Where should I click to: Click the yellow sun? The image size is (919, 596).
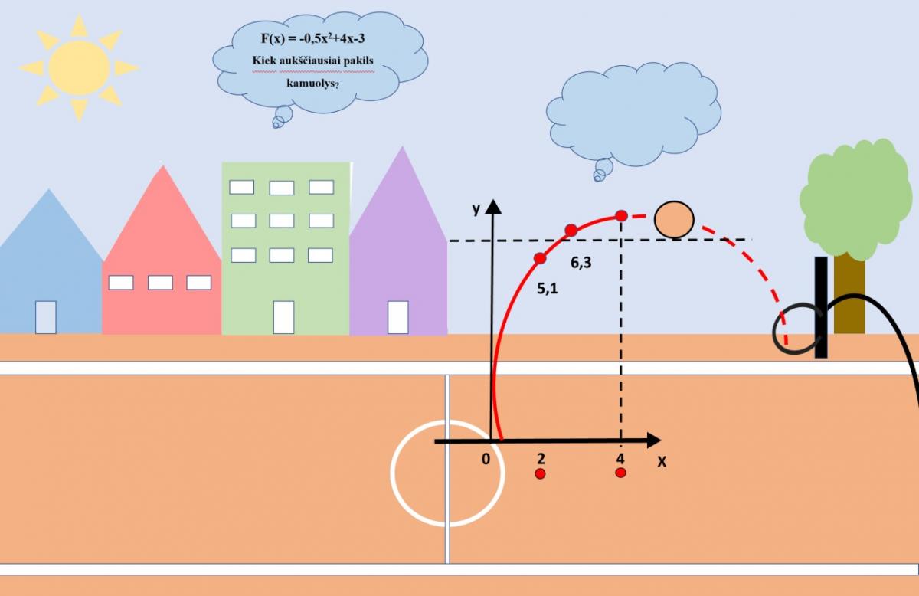(79, 68)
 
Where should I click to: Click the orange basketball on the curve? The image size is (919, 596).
(674, 220)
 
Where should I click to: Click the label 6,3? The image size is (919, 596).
(581, 263)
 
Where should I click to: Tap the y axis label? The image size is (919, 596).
(476, 209)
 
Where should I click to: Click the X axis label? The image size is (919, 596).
(662, 462)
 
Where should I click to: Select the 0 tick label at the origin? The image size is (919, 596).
(485, 460)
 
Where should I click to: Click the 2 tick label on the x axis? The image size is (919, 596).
(541, 459)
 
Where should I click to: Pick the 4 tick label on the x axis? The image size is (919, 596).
(620, 459)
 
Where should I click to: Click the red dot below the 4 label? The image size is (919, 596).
(620, 473)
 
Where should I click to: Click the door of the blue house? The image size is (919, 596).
(45, 317)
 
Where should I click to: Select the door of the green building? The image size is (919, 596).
(283, 317)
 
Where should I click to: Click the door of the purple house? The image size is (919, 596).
(397, 317)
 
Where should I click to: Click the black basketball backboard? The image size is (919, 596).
(821, 307)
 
